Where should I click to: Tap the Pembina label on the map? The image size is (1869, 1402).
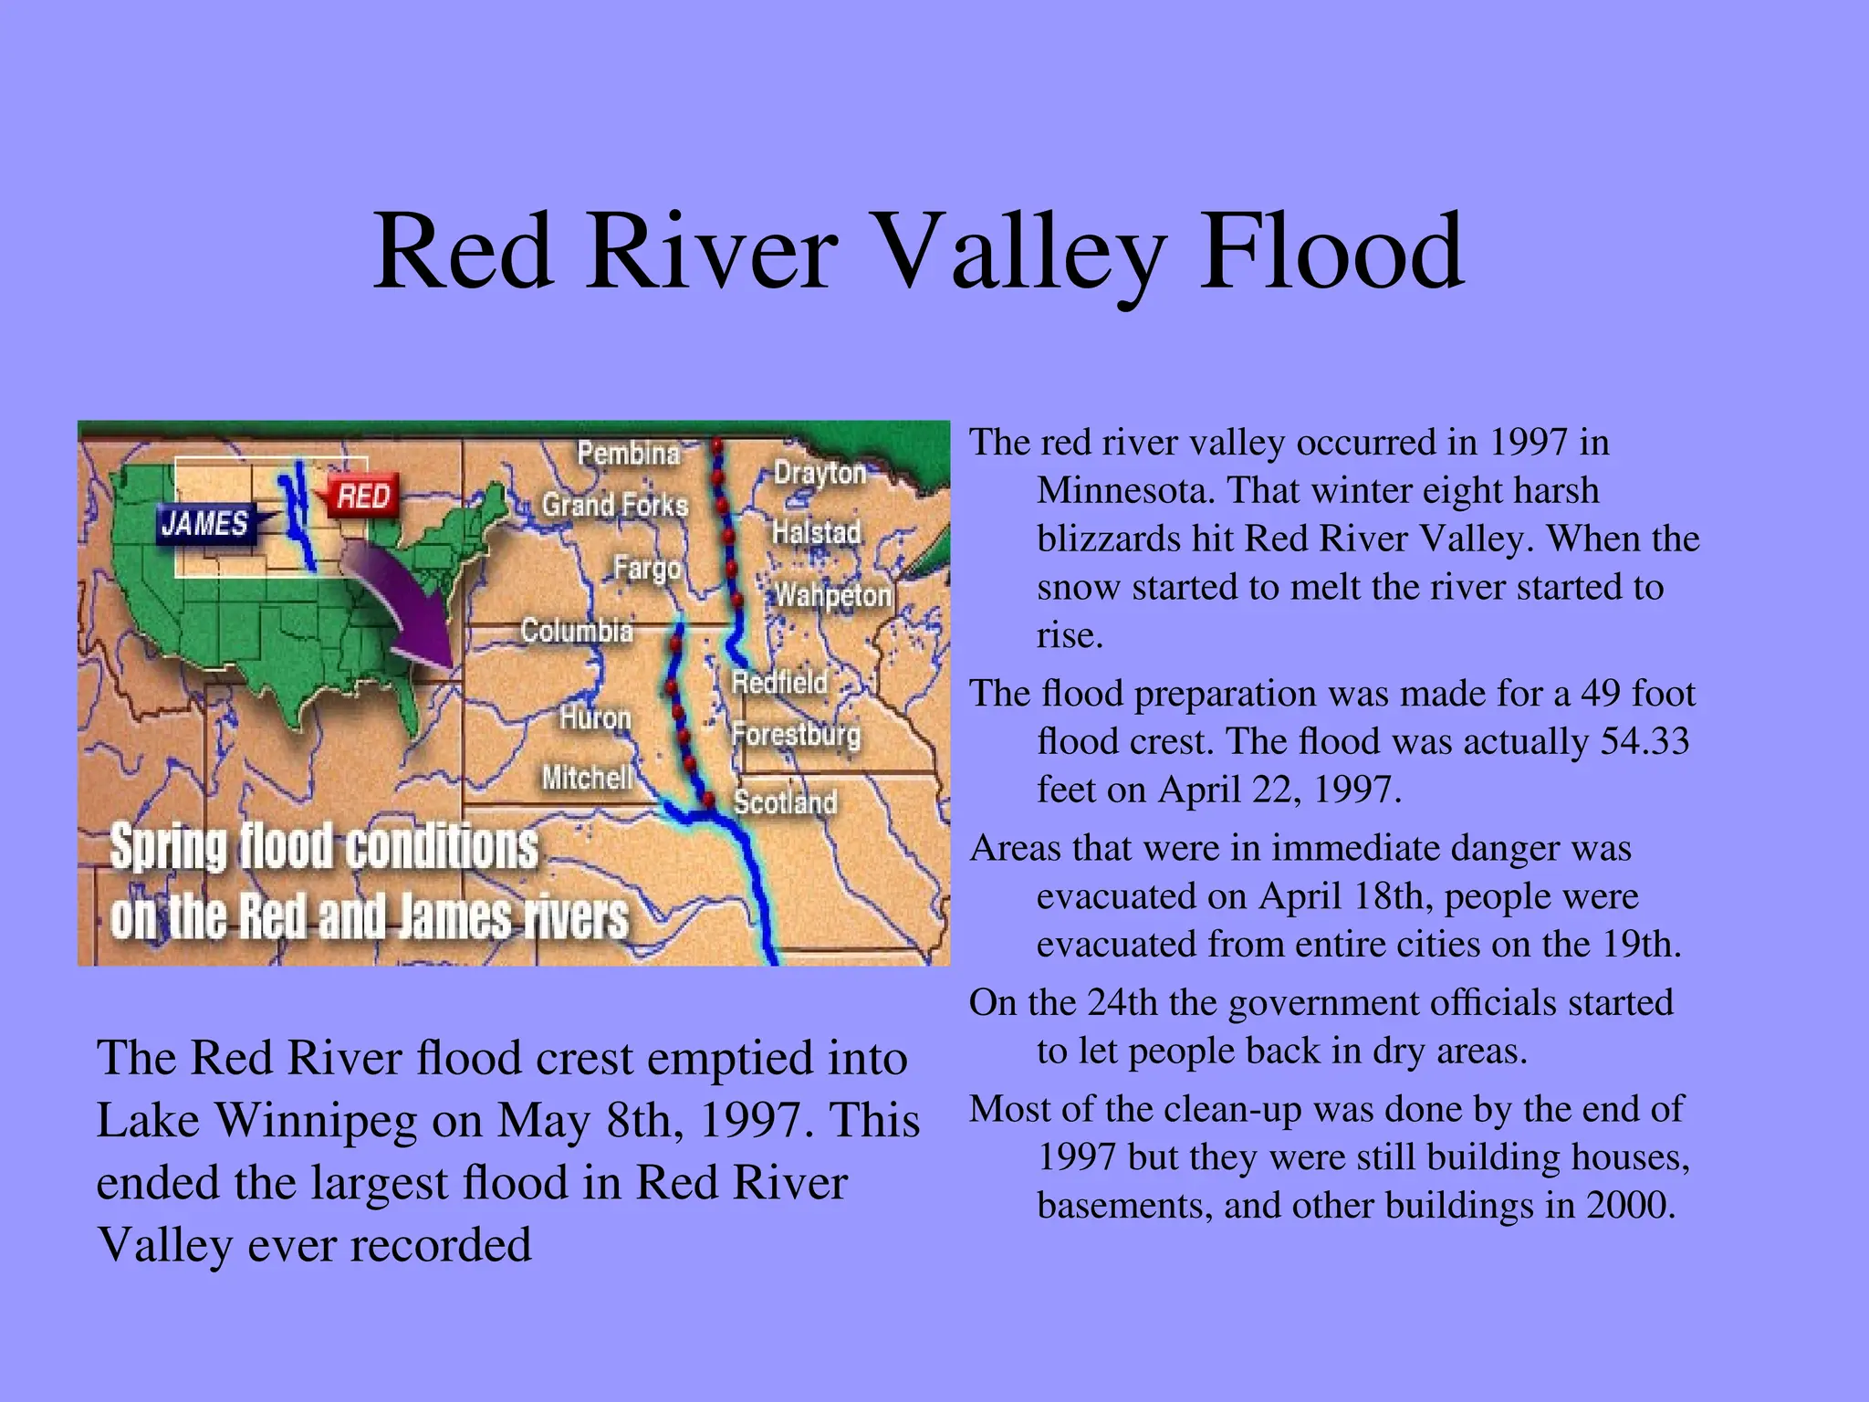tap(629, 453)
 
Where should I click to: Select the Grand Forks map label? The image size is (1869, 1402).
tap(614, 505)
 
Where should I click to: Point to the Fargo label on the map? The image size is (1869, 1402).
tap(646, 569)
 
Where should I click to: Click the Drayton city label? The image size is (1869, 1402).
tap(820, 473)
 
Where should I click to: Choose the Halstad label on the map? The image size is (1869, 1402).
tap(816, 532)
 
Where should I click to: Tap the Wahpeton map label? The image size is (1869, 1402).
tap(832, 595)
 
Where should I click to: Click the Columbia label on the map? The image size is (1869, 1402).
tap(576, 630)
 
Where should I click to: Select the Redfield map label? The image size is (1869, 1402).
tap(779, 682)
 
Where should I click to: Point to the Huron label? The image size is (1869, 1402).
tap(595, 717)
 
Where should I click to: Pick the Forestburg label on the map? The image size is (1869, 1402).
tap(796, 734)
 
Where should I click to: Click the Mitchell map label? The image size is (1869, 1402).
tap(587, 778)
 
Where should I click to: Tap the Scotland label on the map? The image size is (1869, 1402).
tap(785, 801)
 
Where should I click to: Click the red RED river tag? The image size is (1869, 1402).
tap(363, 497)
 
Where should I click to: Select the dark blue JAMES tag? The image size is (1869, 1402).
tap(205, 524)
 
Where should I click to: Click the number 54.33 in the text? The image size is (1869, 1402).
tap(1645, 741)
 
